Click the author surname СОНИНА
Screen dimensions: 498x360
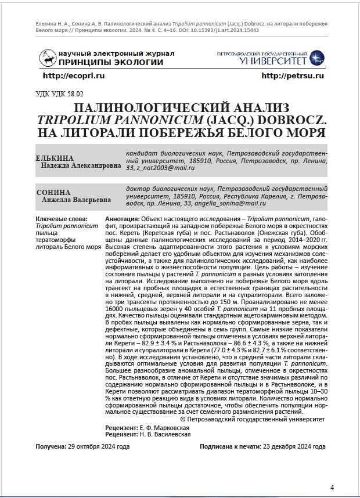53,192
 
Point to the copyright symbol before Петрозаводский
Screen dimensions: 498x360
183,418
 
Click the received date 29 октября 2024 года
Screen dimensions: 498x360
99,448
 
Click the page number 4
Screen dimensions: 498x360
332,487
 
